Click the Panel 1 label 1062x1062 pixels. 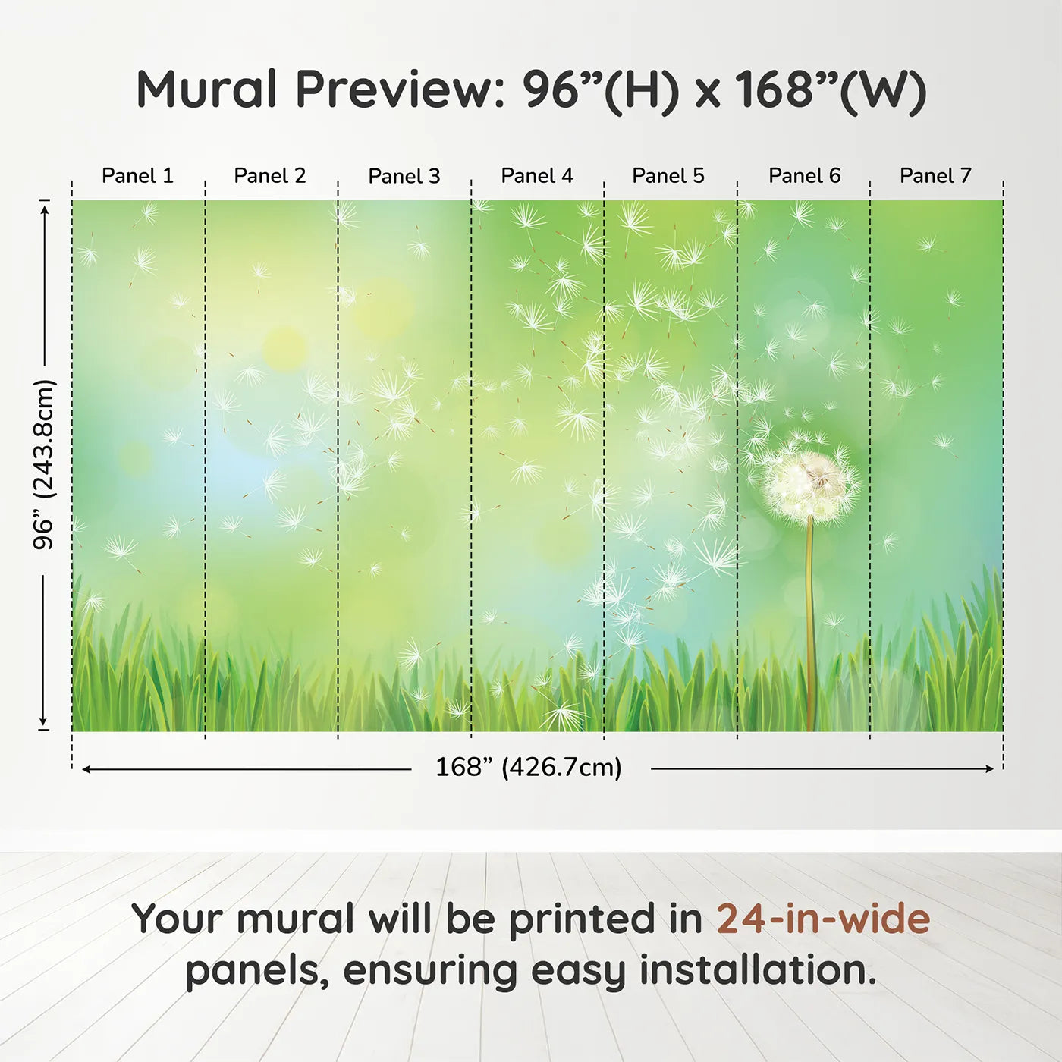137,176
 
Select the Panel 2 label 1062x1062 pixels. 269,176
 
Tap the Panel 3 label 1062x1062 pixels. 404,176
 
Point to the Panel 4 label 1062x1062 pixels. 536,176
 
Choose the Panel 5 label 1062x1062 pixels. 668,176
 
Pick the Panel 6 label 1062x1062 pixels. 804,176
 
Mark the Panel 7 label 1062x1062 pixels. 935,176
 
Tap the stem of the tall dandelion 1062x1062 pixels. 810,622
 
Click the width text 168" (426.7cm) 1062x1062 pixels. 529,768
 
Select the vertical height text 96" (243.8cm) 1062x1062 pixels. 44,464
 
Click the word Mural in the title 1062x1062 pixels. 206,90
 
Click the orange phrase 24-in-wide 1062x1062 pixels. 823,919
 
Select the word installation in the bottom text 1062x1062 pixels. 757,970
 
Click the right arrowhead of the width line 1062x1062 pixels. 989,769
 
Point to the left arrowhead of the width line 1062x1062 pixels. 86,769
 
